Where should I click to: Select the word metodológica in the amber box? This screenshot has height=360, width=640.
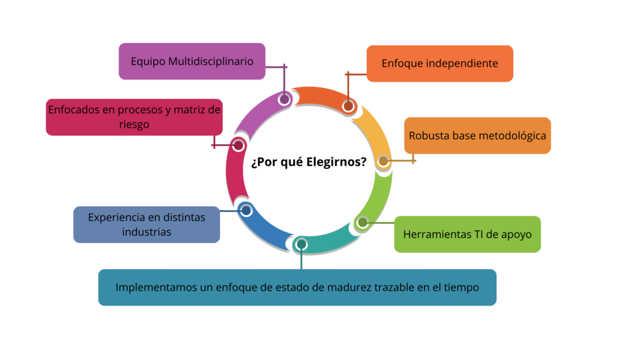pyautogui.click(x=512, y=136)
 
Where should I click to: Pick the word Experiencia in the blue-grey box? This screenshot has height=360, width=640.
pyautogui.click(x=115, y=217)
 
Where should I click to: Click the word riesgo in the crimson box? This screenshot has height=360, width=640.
pyautogui.click(x=134, y=124)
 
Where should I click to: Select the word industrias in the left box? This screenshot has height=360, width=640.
pyautogui.click(x=146, y=232)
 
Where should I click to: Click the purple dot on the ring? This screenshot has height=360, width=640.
pyautogui.click(x=284, y=99)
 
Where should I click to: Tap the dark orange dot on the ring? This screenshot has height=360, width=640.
pyautogui.click(x=348, y=105)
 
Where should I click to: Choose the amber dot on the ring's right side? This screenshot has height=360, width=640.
pyautogui.click(x=383, y=161)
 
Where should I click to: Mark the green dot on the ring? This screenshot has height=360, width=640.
pyautogui.click(x=362, y=222)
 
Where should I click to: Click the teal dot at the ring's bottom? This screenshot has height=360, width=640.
pyautogui.click(x=301, y=244)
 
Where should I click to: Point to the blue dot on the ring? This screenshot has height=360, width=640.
pyautogui.click(x=246, y=210)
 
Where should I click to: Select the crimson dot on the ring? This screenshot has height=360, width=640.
pyautogui.click(x=237, y=145)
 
